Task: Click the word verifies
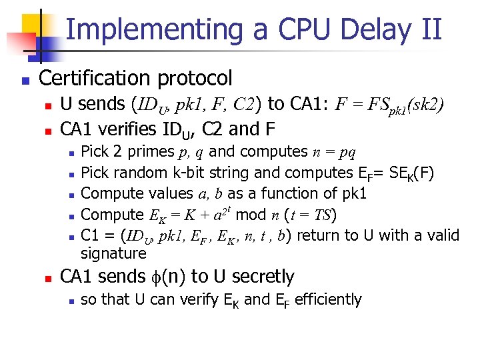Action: pos(126,126)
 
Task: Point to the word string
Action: pos(227,173)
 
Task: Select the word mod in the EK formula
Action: pos(250,215)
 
